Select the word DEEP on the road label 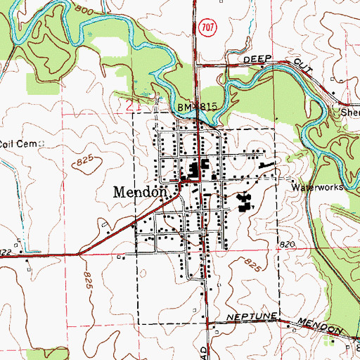(x=257, y=60)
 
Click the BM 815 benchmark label (x=199, y=105)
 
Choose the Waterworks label (x=317, y=188)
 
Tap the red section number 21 (x=134, y=105)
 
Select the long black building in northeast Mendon (x=266, y=166)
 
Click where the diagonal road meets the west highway (x=79, y=252)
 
